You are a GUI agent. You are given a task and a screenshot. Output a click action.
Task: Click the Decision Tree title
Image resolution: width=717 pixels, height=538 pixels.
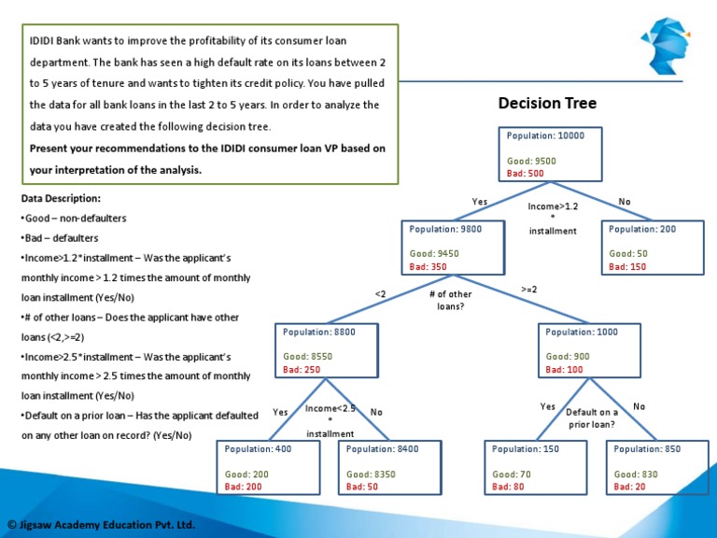point(547,103)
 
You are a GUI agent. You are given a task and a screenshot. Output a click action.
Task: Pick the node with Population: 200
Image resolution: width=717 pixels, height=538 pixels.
point(653,248)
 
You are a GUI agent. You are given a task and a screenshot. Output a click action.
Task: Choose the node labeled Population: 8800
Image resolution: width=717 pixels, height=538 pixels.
point(327,350)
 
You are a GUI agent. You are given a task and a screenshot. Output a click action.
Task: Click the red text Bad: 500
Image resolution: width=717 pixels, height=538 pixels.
point(525,174)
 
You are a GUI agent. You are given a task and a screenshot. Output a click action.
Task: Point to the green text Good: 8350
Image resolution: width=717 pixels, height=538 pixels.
point(371,474)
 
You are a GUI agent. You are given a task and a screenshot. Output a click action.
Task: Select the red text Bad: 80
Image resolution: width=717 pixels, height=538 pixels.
point(507,487)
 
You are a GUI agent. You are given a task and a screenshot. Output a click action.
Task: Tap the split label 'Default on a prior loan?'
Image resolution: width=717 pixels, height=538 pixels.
point(592,418)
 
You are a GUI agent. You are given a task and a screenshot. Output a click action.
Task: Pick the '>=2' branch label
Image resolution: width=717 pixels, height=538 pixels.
point(528,290)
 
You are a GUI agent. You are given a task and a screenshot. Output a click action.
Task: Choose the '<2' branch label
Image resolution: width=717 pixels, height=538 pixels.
point(381,294)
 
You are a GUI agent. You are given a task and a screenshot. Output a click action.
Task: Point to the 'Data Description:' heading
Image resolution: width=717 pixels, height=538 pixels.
point(61,199)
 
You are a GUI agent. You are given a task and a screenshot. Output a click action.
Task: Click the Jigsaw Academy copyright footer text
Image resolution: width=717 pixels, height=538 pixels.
point(101,525)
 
